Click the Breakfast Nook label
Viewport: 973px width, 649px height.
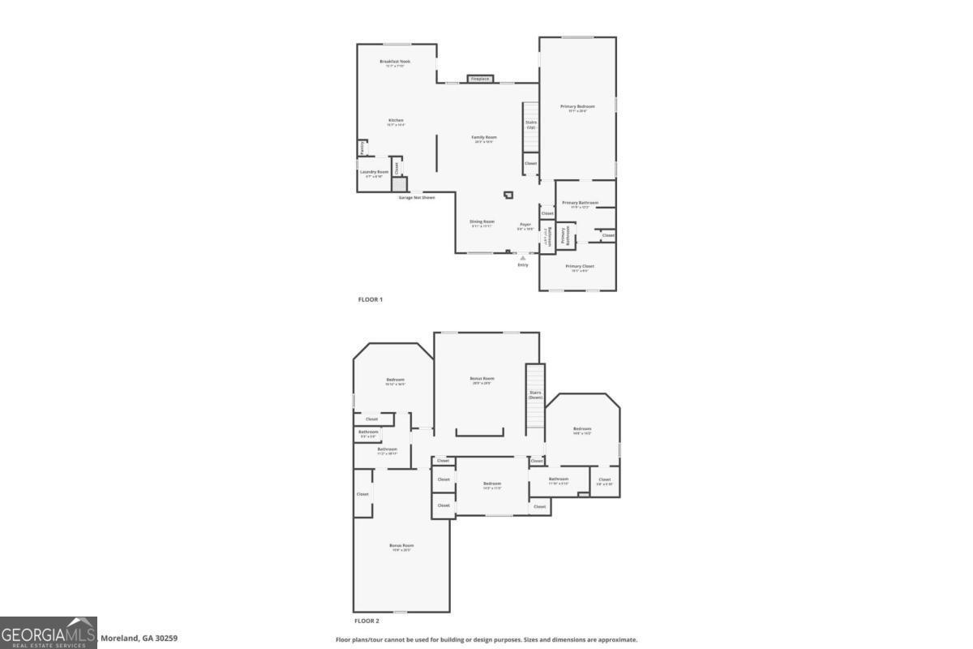(395, 62)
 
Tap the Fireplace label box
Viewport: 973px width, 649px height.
(480, 79)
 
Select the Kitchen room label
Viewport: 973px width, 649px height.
(396, 121)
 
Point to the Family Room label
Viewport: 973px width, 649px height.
(484, 138)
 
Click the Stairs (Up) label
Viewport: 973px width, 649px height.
(531, 125)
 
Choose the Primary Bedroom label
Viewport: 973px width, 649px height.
(577, 107)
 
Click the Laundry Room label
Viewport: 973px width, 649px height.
(374, 172)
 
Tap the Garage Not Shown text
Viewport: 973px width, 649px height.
(416, 197)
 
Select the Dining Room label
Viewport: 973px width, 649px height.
(482, 221)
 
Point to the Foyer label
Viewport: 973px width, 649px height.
(525, 225)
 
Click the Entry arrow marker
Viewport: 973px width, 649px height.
(523, 258)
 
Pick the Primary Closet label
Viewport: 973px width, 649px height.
(580, 266)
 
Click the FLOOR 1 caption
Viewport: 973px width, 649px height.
(371, 299)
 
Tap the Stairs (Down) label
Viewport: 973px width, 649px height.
(535, 394)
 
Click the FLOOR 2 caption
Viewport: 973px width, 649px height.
(366, 621)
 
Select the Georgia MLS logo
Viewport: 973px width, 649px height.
(49, 633)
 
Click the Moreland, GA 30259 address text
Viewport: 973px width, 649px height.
(139, 638)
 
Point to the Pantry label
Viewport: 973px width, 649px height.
(362, 148)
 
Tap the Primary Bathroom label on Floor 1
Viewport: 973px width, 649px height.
(581, 203)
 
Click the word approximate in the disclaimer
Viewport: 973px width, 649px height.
(619, 639)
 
